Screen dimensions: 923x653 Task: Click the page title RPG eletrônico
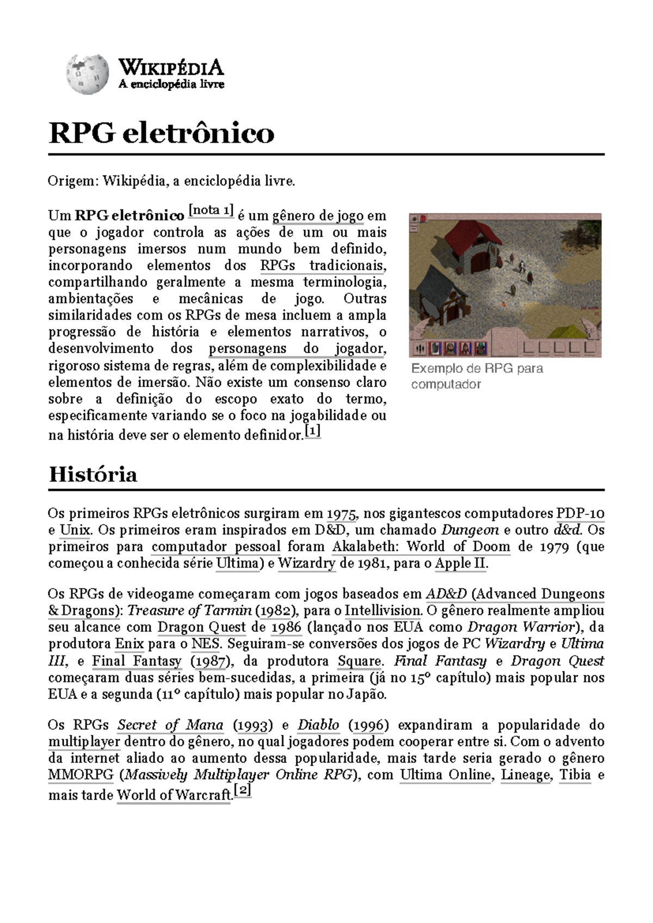click(x=161, y=133)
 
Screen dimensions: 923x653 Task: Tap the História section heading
click(x=93, y=475)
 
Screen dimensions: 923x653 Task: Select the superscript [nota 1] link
click(x=211, y=211)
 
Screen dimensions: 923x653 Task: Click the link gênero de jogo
click(x=318, y=216)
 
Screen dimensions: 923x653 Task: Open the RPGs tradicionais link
click(x=322, y=266)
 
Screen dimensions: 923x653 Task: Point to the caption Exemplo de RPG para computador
click(x=477, y=376)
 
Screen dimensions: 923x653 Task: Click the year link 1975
click(x=341, y=513)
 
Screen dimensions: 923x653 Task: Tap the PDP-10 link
click(x=580, y=513)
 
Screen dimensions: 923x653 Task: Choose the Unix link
click(x=75, y=530)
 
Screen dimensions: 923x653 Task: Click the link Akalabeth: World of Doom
click(x=421, y=546)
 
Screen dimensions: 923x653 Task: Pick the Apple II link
click(x=460, y=563)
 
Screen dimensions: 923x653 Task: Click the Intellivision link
click(x=383, y=610)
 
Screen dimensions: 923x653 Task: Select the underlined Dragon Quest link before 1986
click(x=201, y=627)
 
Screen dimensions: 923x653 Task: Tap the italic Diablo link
click(x=318, y=725)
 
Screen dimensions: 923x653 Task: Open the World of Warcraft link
click(x=174, y=795)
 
